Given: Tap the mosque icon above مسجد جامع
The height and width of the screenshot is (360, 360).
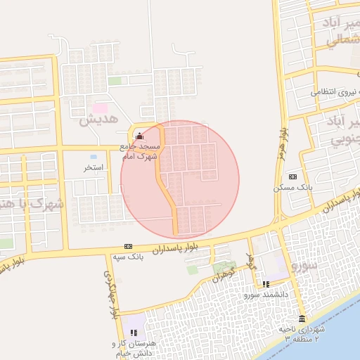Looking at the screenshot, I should pos(139,136).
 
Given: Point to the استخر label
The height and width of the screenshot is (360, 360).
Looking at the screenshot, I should pos(94,168).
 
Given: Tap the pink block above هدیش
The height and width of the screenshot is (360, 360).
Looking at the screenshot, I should pos(101,108).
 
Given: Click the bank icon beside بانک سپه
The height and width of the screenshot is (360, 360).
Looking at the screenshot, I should pos(127,246).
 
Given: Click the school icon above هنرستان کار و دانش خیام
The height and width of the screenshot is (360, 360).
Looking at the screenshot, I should pos(134,332).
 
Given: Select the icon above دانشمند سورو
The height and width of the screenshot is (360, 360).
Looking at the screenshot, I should pos(266,284).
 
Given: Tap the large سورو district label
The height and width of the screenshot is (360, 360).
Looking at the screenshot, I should pos(306,266).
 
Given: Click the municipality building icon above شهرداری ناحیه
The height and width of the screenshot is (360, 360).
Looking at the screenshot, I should pos(302,319).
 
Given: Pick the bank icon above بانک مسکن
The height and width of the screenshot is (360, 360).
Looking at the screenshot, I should pos(292,176).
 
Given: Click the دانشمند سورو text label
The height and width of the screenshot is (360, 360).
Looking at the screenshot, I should pos(266,295).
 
